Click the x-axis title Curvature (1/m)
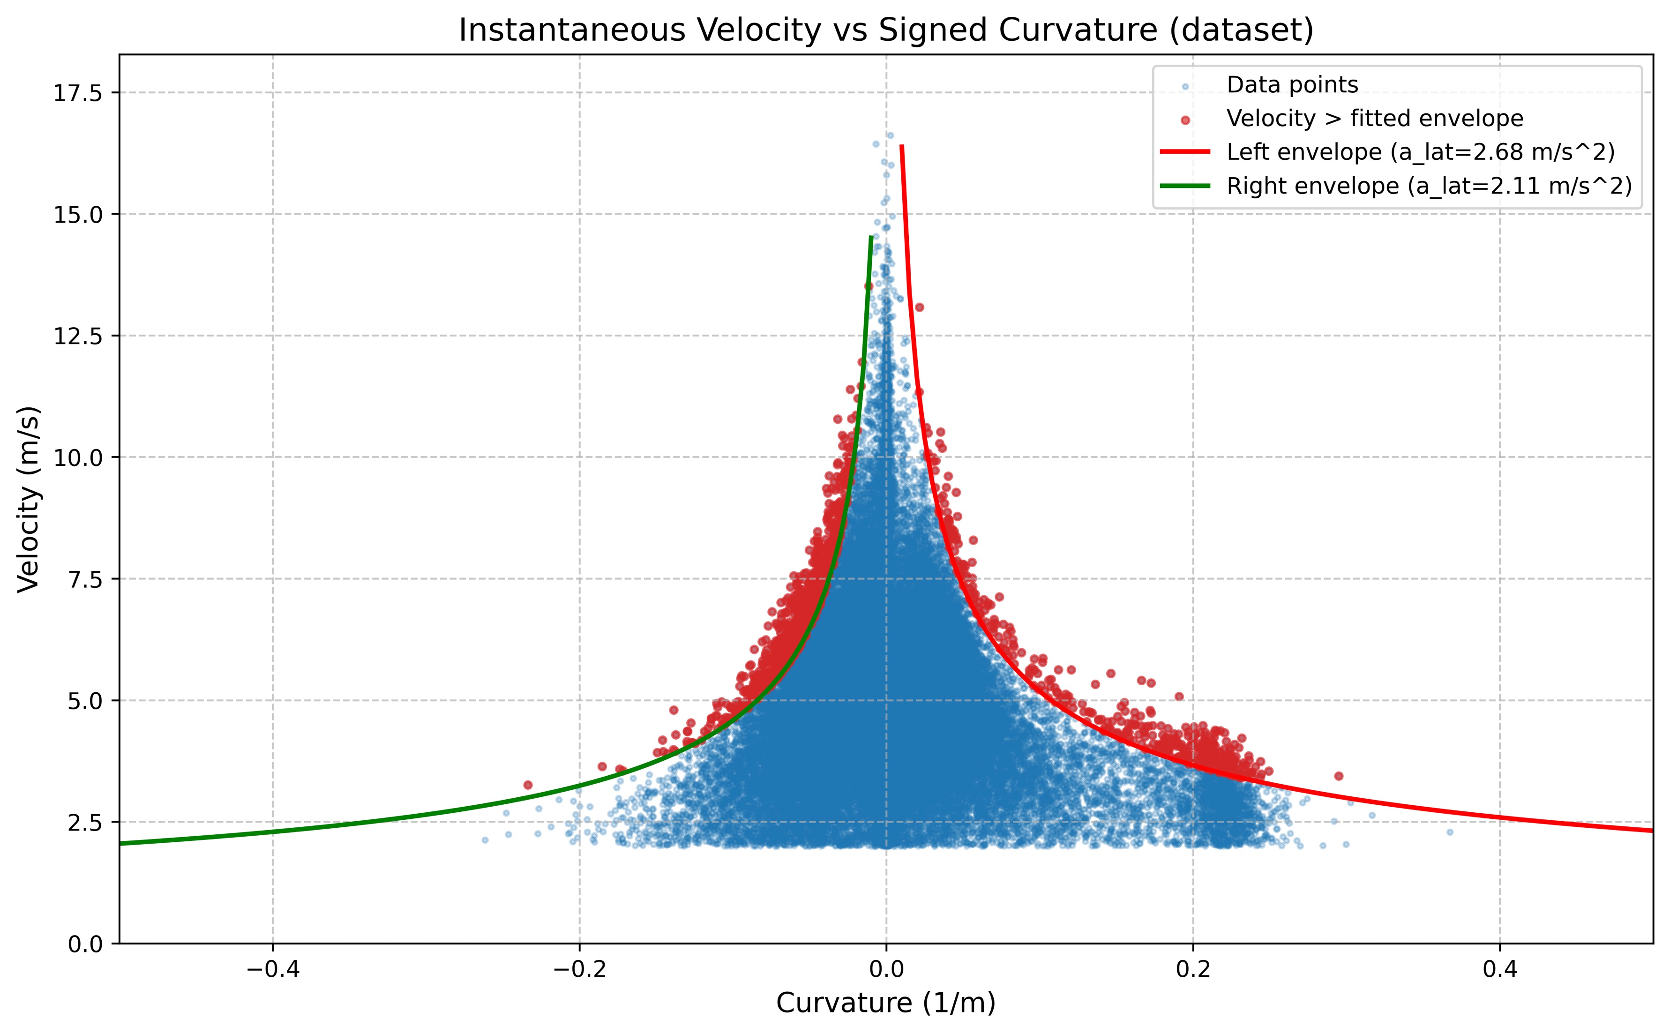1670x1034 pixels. [x=885, y=1003]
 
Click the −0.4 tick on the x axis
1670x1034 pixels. [x=273, y=969]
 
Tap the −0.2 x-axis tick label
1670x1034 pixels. [x=579, y=969]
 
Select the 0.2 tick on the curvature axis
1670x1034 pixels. [x=1193, y=969]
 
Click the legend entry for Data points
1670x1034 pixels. [x=1292, y=85]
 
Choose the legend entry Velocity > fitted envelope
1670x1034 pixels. [x=1375, y=119]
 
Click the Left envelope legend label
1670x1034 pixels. [x=1420, y=152]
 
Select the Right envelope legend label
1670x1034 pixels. [x=1429, y=186]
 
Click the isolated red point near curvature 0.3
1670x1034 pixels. [x=1338, y=775]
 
